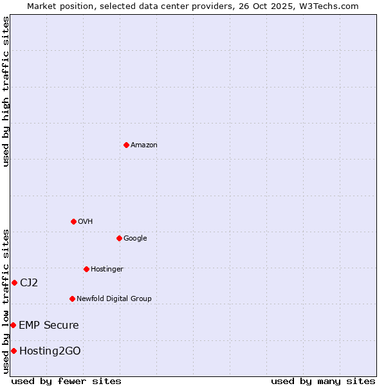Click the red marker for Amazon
click(x=126, y=145)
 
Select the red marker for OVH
click(x=73, y=221)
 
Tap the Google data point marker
click(x=119, y=238)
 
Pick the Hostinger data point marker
click(x=86, y=269)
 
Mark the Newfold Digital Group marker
click(x=72, y=299)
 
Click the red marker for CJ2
click(x=14, y=282)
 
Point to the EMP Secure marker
click(x=13, y=325)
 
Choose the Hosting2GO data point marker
click(x=14, y=351)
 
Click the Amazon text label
click(x=144, y=145)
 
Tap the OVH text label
click(x=86, y=222)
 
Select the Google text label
click(x=135, y=239)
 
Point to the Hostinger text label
click(x=107, y=270)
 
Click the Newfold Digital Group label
click(x=114, y=299)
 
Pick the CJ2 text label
click(x=29, y=282)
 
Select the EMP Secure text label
click(x=49, y=326)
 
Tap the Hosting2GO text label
click(x=50, y=351)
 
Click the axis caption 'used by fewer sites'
click(x=66, y=381)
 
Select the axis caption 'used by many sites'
click(x=323, y=381)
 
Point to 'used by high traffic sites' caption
click(x=6, y=91)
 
